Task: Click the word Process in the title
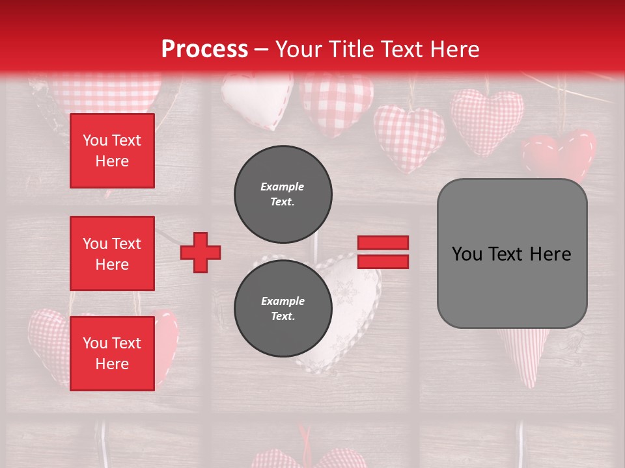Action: tap(204, 49)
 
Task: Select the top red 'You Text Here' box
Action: tap(112, 151)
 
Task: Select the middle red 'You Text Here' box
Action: tap(112, 253)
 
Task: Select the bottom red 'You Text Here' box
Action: tap(112, 353)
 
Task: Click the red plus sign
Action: tap(201, 252)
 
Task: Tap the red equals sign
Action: tap(383, 252)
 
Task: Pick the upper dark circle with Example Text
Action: tap(283, 194)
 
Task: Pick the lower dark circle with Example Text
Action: tap(283, 308)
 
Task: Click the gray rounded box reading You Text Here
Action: tap(512, 253)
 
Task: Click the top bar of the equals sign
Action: tap(383, 243)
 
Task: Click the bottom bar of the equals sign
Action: tap(383, 261)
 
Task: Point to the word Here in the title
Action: tap(454, 49)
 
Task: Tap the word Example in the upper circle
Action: tap(283, 187)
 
